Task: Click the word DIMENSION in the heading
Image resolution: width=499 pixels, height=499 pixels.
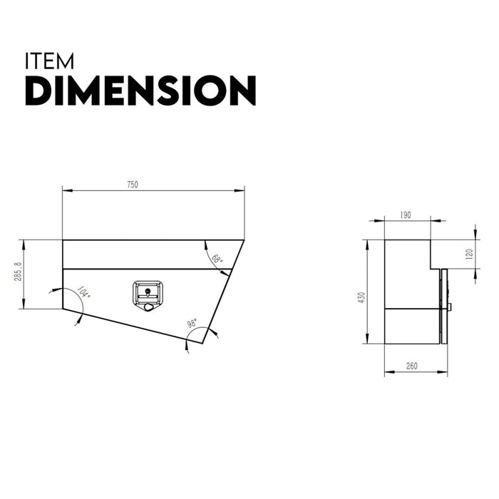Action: [140, 91]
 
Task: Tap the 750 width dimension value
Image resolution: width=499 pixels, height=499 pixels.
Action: [133, 185]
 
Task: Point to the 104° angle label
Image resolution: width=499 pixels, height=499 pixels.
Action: [83, 292]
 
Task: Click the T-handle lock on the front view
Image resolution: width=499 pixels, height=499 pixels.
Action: [147, 295]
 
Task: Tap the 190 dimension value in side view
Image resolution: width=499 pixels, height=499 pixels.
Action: [406, 215]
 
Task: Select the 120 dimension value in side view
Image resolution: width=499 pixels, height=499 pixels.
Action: [469, 254]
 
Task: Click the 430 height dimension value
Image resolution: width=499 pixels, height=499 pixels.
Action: [361, 296]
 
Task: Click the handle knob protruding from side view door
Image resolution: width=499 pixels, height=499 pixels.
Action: [451, 307]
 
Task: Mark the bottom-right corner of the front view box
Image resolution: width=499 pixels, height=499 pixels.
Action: [202, 343]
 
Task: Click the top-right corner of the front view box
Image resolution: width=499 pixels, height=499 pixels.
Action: [244, 240]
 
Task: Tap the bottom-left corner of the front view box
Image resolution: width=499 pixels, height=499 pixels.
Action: [63, 309]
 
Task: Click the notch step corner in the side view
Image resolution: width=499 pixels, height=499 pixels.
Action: [431, 269]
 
